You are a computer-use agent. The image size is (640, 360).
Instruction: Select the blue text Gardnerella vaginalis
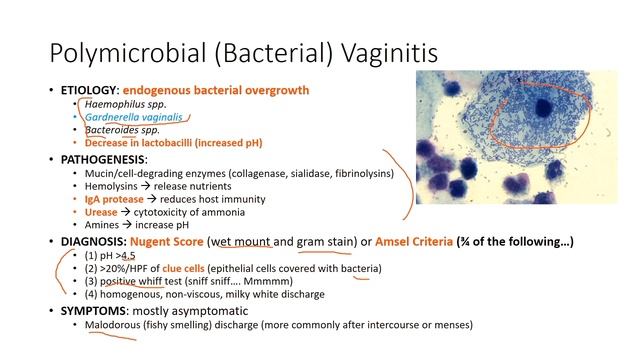tap(134, 117)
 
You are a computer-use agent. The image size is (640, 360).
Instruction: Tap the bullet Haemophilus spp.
tap(126, 104)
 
